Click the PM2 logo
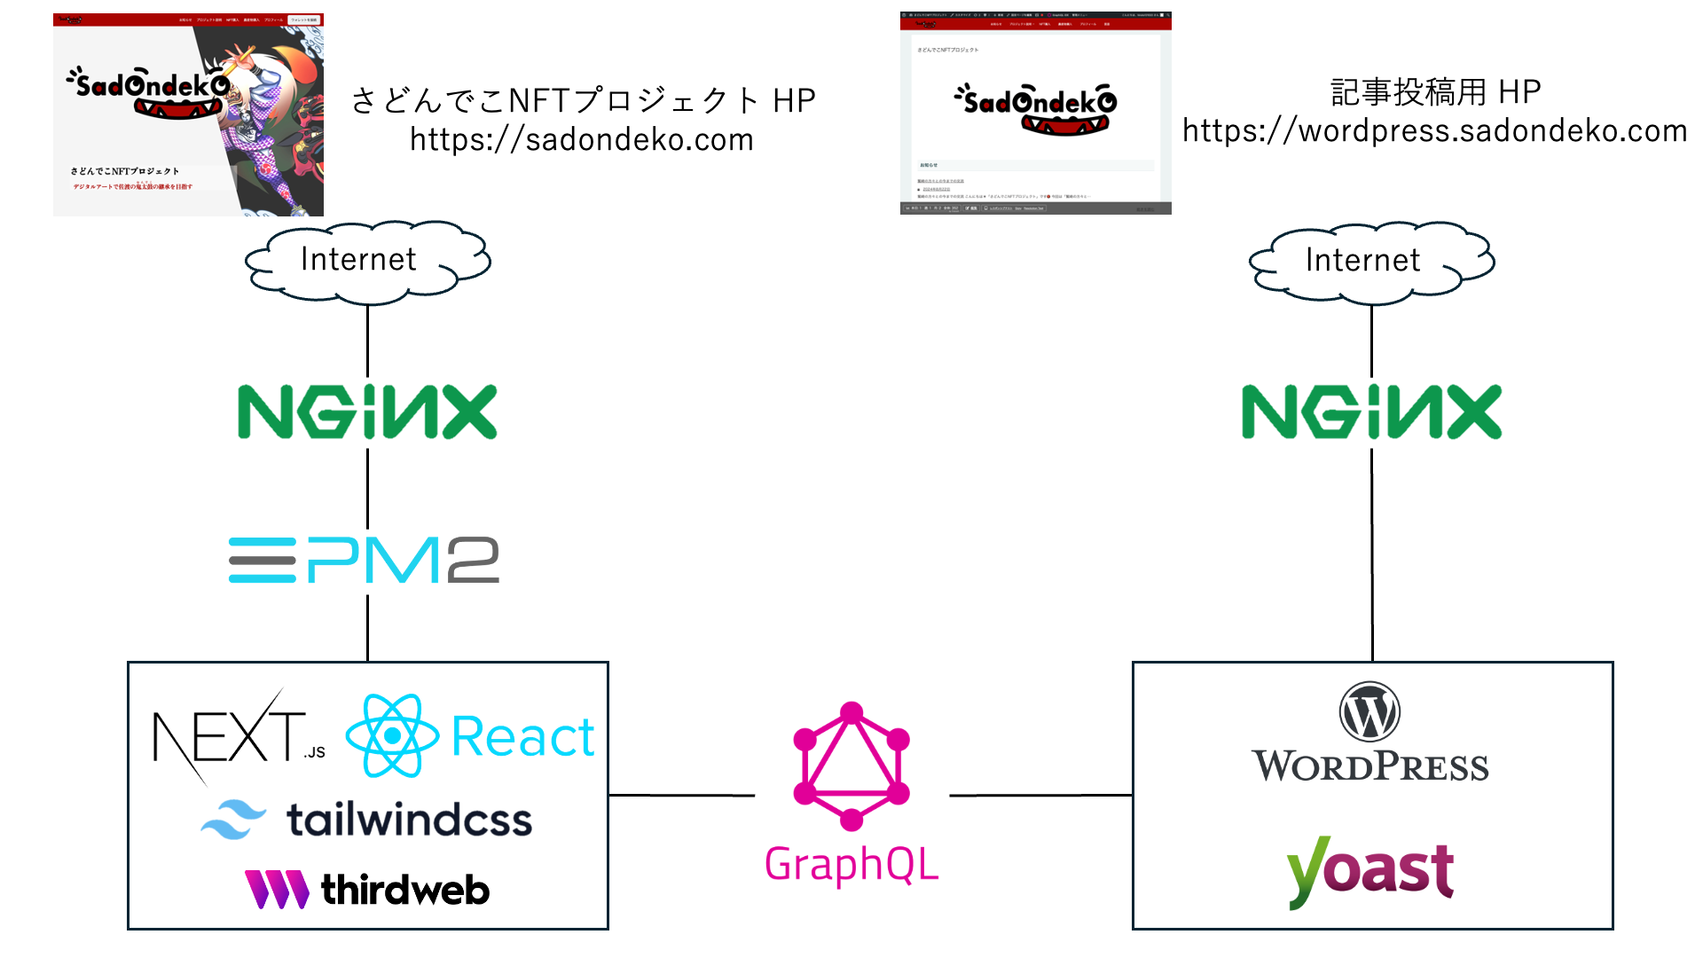click(x=364, y=561)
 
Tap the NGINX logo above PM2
click(x=367, y=412)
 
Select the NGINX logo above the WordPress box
click(x=1371, y=412)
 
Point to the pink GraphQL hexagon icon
click(x=851, y=766)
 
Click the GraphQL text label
click(x=851, y=864)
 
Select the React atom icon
click(x=392, y=735)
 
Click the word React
click(x=522, y=736)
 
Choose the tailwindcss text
click(x=409, y=820)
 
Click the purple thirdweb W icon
click(x=276, y=889)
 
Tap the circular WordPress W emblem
click(x=1369, y=711)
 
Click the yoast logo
click(x=1370, y=871)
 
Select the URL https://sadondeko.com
click(x=582, y=140)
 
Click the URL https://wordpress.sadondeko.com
click(x=1434, y=131)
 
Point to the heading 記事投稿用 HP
click(x=1435, y=91)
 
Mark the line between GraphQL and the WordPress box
click(x=1040, y=796)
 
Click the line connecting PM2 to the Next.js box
click(x=368, y=627)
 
